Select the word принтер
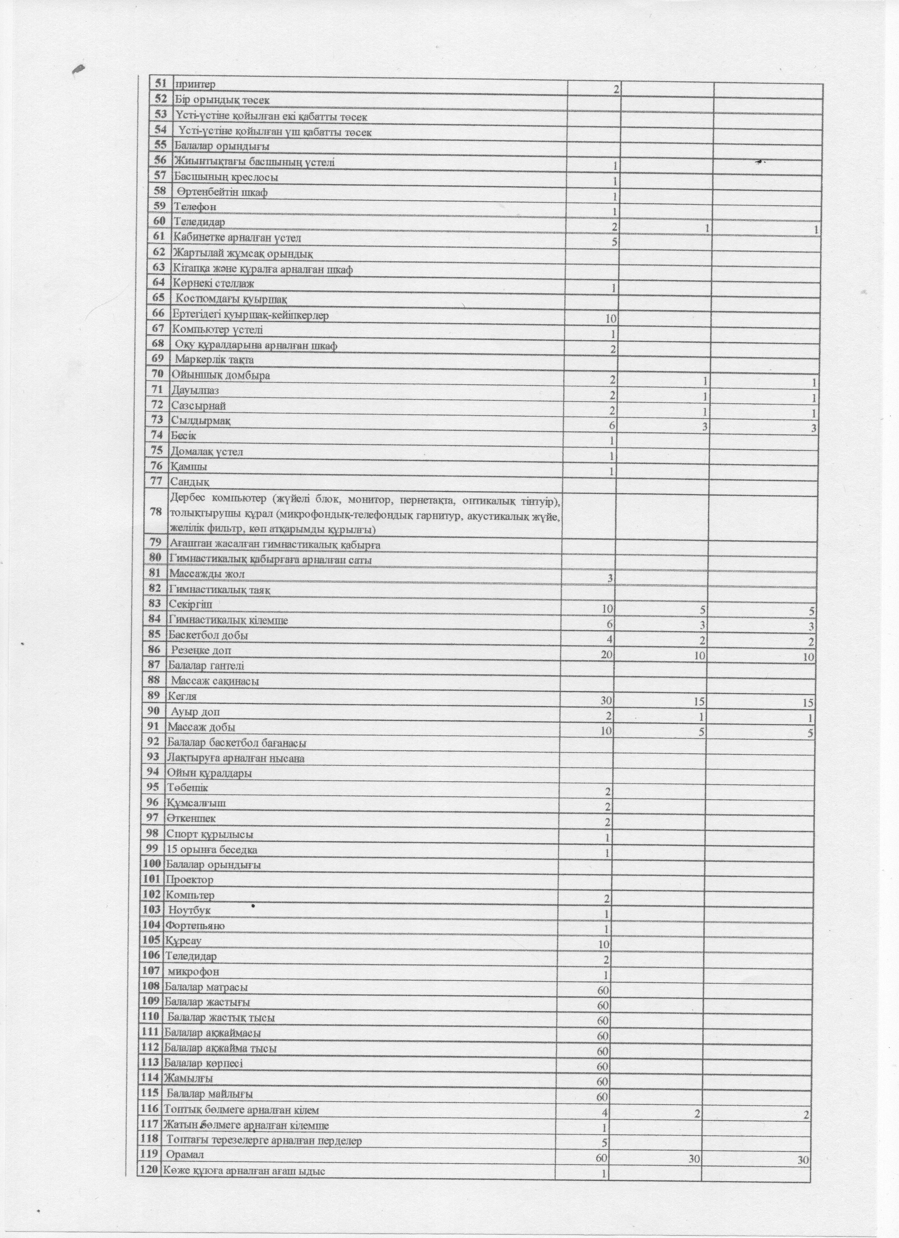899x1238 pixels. (x=195, y=85)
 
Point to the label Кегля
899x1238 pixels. (x=182, y=697)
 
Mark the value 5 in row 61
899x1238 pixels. (x=614, y=242)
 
